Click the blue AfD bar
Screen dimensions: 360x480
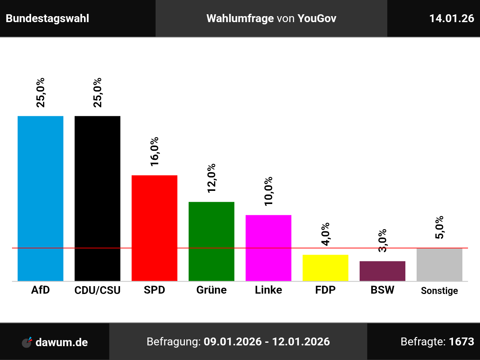click(x=40, y=198)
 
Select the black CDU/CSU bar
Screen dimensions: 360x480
click(x=97, y=198)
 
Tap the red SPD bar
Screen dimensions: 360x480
click(x=154, y=228)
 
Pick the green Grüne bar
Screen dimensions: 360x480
click(x=211, y=241)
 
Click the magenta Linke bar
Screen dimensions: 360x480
click(x=268, y=248)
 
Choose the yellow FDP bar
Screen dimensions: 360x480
click(x=325, y=268)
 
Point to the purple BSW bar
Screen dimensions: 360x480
click(x=382, y=271)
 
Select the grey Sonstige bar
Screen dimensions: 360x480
click(x=439, y=264)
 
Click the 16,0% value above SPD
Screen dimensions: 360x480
click(x=154, y=151)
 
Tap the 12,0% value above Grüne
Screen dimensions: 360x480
click(x=211, y=178)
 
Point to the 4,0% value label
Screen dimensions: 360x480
click(x=325, y=234)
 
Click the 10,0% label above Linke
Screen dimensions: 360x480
click(x=268, y=191)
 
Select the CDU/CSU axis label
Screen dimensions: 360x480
click(x=97, y=290)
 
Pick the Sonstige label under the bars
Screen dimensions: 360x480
click(x=439, y=291)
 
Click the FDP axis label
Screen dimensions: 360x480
click(x=325, y=290)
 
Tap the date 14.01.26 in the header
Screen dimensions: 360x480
click(x=451, y=18)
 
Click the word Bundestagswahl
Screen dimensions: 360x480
click(x=48, y=18)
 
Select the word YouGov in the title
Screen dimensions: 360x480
click(x=317, y=18)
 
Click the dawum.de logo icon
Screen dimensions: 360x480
click(x=27, y=342)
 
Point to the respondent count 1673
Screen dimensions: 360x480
click(x=461, y=342)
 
